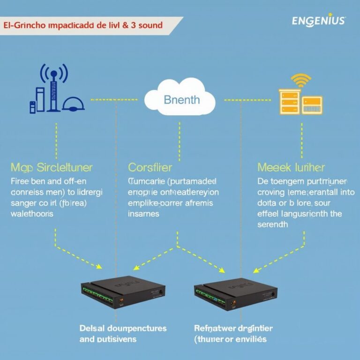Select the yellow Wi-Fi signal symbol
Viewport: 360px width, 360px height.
300,79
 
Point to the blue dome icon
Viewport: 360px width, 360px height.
74,105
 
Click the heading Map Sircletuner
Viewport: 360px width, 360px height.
51,167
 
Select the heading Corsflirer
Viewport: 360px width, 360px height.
150,167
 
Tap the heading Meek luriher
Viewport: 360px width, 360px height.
291,167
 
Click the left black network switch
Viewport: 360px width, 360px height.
123,293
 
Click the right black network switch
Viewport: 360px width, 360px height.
235,293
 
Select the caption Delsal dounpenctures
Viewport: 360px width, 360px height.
123,328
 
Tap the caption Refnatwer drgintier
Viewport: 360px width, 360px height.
233,328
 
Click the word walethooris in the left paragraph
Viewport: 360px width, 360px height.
31,213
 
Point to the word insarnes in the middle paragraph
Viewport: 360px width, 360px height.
143,213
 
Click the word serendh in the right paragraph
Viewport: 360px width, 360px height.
273,224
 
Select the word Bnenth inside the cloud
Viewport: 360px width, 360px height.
181,100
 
